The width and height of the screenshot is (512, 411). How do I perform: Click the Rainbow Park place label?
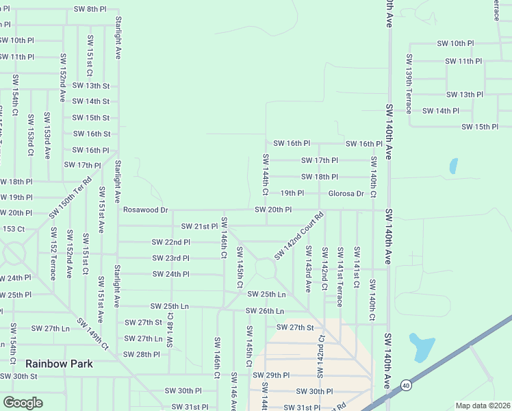(x=59, y=364)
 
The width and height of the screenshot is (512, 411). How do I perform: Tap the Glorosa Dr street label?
(x=346, y=193)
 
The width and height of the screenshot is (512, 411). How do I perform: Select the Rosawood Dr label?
(x=145, y=210)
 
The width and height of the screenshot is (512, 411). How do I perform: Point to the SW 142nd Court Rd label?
(x=298, y=236)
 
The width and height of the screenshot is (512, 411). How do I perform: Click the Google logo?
(x=23, y=403)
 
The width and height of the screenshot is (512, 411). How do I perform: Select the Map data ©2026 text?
(x=483, y=406)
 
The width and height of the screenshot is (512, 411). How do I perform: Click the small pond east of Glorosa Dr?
(x=453, y=166)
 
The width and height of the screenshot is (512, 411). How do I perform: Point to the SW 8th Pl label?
(x=90, y=9)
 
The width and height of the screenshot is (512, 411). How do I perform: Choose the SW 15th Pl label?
(x=480, y=127)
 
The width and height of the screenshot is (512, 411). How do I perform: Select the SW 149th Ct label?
(x=93, y=334)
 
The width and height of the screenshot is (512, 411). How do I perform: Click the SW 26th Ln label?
(x=265, y=311)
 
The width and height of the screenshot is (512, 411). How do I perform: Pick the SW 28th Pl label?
(x=142, y=354)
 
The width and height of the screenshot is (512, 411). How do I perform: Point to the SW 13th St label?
(x=91, y=86)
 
